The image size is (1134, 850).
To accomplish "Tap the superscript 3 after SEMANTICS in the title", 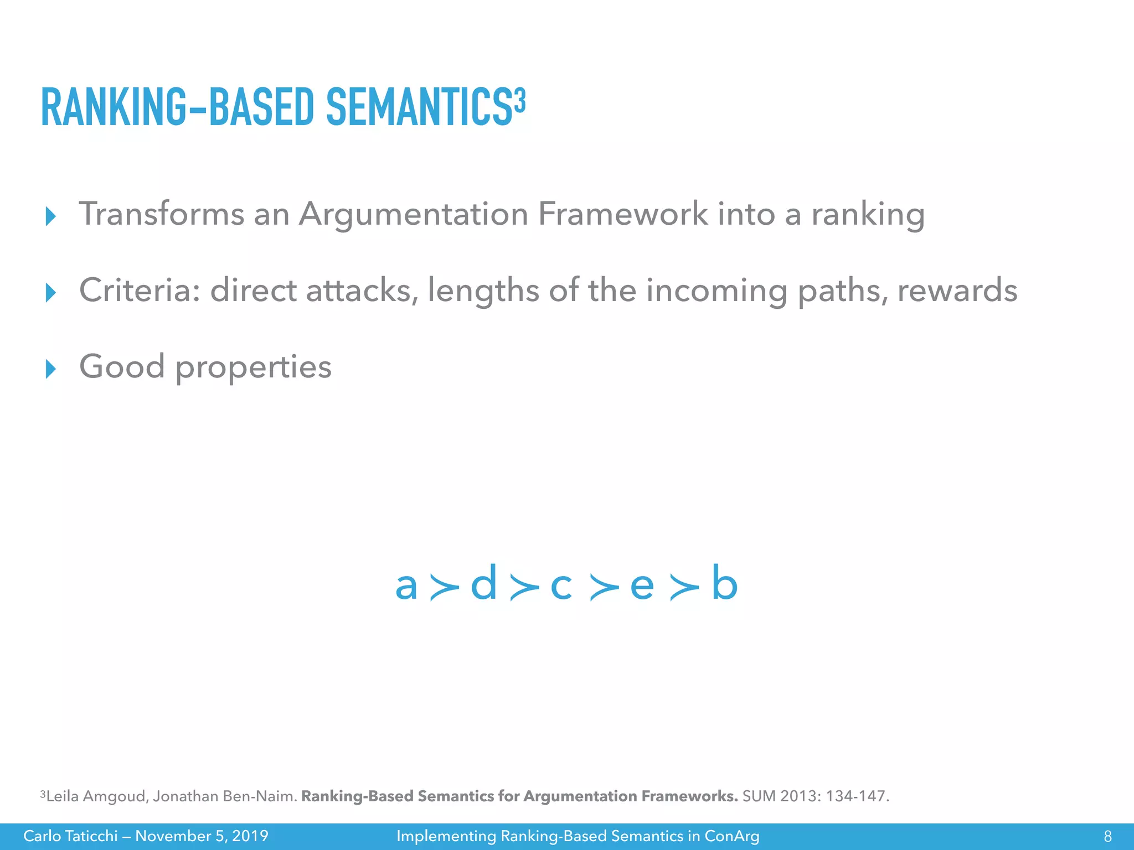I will (519, 100).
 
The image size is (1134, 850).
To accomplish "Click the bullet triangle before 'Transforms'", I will (50, 216).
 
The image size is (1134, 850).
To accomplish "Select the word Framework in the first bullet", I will (622, 214).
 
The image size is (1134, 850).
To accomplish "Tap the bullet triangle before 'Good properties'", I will (50, 369).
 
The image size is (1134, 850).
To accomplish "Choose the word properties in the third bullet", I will (253, 367).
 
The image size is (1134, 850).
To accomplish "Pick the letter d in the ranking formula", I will (483, 583).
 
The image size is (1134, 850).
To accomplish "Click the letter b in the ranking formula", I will (724, 583).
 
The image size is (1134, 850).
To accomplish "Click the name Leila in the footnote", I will (62, 796).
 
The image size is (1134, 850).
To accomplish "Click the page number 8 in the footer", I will (1107, 836).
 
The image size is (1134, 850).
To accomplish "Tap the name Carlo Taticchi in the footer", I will (70, 836).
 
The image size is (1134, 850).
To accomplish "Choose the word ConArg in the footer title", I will (731, 836).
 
